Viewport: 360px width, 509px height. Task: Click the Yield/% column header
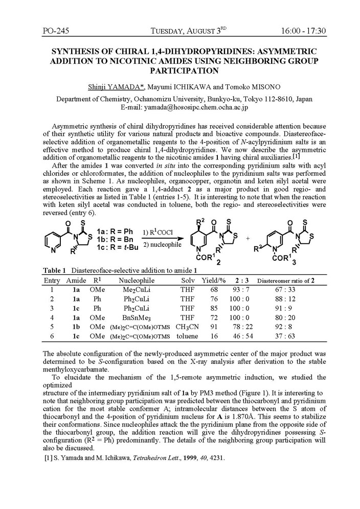(214, 280)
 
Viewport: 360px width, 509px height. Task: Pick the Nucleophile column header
(137, 280)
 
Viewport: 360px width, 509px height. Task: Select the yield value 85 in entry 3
(214, 308)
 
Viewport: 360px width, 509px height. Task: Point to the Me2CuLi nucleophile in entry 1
(137, 289)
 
